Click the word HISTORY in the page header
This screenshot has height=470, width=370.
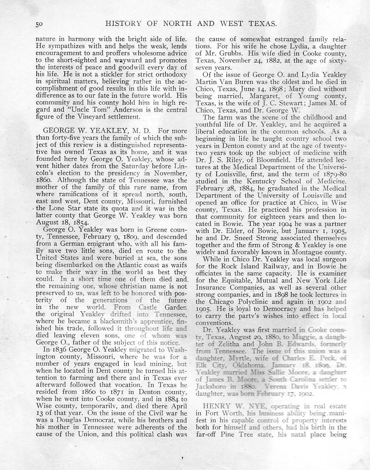coord(121,23)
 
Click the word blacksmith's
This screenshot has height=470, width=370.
coord(102,321)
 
